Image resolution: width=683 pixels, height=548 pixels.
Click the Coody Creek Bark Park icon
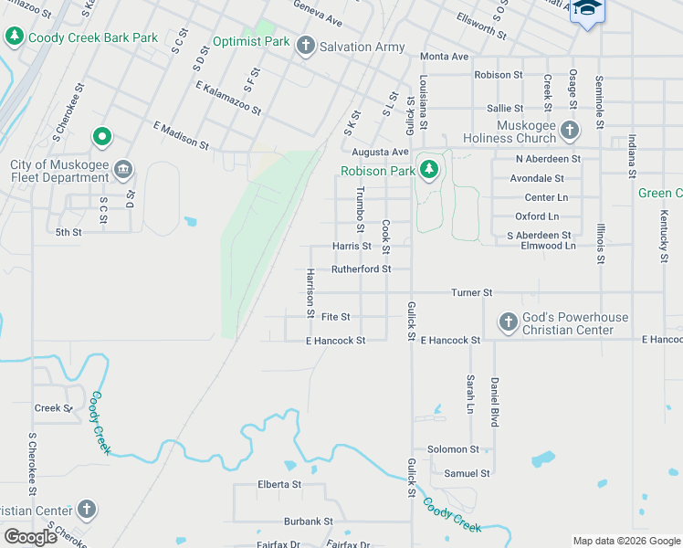click(15, 37)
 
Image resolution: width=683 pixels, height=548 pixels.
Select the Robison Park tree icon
click(428, 170)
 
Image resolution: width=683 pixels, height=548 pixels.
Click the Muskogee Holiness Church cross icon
click(570, 130)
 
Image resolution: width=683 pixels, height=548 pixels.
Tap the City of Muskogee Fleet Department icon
click(125, 170)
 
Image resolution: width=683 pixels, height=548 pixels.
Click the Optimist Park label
click(251, 41)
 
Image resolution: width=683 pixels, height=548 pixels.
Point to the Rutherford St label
click(361, 269)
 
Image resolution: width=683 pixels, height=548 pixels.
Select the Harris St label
click(352, 246)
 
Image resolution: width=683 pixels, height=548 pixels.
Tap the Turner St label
click(472, 292)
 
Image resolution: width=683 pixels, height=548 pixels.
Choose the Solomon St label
click(454, 449)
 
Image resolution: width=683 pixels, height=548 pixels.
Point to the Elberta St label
click(279, 484)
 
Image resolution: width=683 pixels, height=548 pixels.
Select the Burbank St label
click(308, 522)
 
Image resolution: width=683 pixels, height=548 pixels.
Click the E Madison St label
click(181, 134)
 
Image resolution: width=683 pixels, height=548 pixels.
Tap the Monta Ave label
click(445, 57)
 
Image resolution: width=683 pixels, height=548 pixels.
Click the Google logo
click(30, 537)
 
